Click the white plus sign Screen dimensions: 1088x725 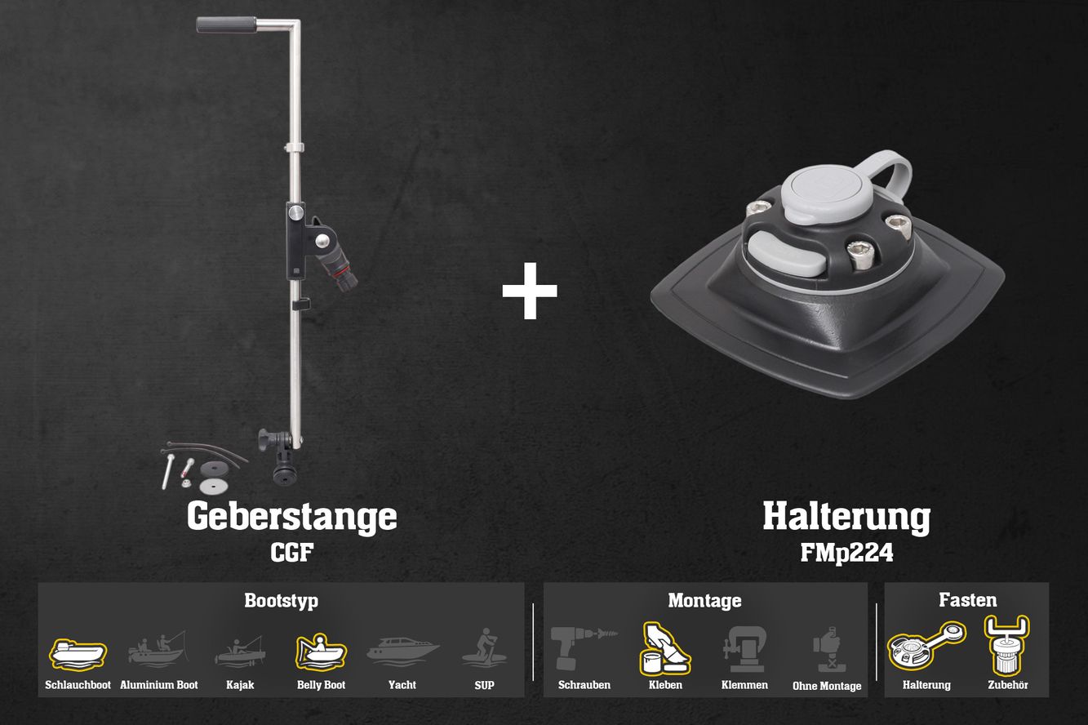pyautogui.click(x=530, y=291)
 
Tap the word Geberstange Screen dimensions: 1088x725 pyautogui.click(x=292, y=516)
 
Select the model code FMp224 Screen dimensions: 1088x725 pyautogui.click(x=846, y=553)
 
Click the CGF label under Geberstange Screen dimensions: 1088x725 pyautogui.click(x=292, y=553)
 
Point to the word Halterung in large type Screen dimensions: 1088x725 pyautogui.click(x=846, y=517)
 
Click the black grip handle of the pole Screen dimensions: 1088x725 pyautogui.click(x=226, y=24)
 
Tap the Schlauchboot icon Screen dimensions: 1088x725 pyautogui.click(x=78, y=655)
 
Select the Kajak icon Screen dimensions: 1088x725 pyautogui.click(x=240, y=652)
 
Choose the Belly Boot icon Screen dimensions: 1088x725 pyautogui.click(x=321, y=652)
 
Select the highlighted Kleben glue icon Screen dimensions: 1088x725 pyautogui.click(x=665, y=649)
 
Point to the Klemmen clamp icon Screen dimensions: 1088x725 pyautogui.click(x=744, y=649)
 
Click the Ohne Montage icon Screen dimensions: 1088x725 pyautogui.click(x=827, y=649)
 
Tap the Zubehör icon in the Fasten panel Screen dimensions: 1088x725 pyautogui.click(x=1007, y=645)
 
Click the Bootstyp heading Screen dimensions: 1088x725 pyautogui.click(x=282, y=601)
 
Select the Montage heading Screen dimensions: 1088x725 pyautogui.click(x=704, y=601)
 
